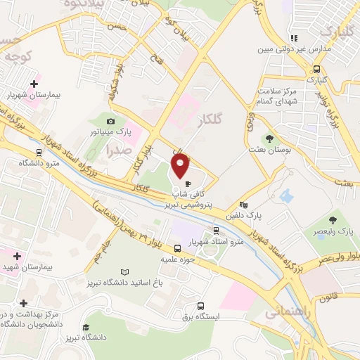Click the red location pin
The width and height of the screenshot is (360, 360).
(x=181, y=165)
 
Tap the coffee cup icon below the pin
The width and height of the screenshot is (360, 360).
(x=188, y=184)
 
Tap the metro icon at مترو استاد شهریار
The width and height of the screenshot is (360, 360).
(x=216, y=231)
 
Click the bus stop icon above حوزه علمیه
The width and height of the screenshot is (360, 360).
(x=176, y=248)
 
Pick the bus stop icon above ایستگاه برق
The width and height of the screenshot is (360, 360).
(x=201, y=306)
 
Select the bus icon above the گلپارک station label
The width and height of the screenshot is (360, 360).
(x=317, y=70)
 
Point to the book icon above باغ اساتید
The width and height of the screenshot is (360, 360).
(x=125, y=271)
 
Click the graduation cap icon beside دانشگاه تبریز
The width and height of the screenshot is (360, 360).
(x=86, y=327)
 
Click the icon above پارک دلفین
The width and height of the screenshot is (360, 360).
(x=243, y=205)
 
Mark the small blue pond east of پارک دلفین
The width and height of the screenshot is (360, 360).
(x=285, y=195)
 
